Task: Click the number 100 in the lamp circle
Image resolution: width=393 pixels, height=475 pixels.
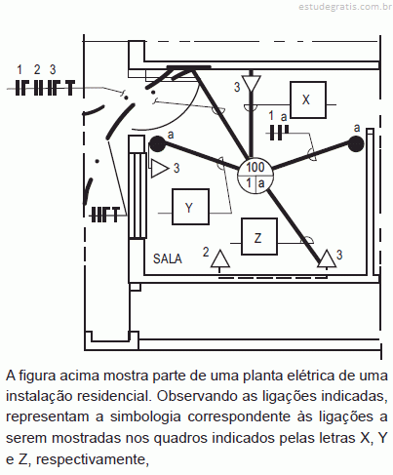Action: coord(255,167)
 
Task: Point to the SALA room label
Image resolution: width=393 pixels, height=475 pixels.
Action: coord(168,258)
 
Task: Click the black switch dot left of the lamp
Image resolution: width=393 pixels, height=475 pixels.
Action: coord(157,144)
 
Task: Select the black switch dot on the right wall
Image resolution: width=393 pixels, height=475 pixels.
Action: coord(356,143)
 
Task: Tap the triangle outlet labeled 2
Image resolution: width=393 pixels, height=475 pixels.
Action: coord(220,259)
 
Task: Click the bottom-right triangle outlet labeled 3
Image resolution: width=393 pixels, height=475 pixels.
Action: coord(327,259)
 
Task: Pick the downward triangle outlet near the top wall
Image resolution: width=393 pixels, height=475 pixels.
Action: coord(252,83)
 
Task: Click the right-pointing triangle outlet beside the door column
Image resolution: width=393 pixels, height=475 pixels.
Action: coord(159,169)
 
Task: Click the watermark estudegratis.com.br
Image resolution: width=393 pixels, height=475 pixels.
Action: coord(345,7)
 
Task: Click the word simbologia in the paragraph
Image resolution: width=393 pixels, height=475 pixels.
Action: coord(145,416)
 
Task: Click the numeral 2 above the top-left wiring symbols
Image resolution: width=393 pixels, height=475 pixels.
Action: coord(37,69)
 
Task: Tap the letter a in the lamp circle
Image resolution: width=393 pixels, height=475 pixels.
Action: coord(261,183)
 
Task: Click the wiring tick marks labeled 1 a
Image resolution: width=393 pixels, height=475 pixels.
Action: coord(279,133)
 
